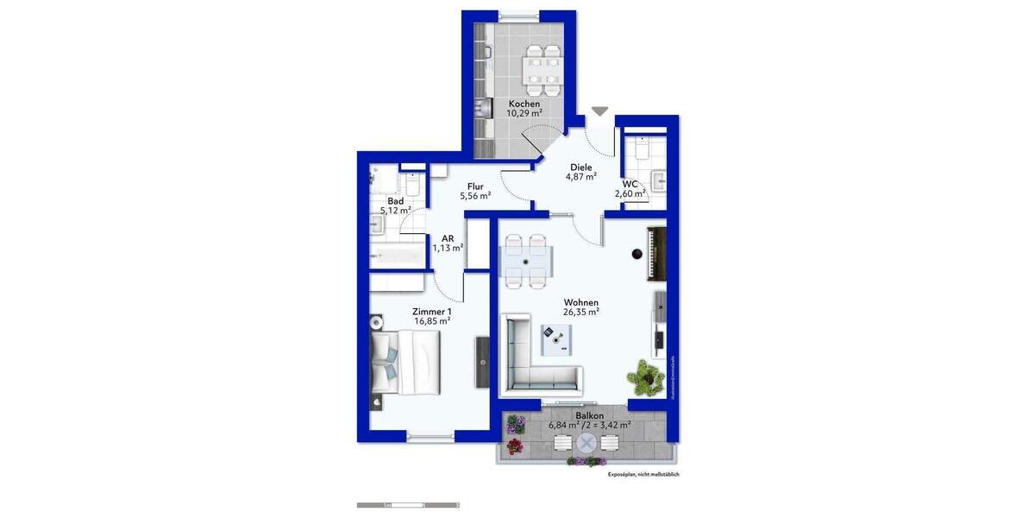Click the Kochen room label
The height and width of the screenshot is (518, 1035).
[x=524, y=104]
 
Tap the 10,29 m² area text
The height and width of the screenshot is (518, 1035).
[x=524, y=113]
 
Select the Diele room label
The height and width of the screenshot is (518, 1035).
[x=580, y=167]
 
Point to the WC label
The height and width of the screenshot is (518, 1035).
[x=630, y=184]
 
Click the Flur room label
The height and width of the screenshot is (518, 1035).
[x=475, y=186]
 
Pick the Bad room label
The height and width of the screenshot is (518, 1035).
[x=395, y=200]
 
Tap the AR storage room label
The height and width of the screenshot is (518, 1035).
[x=448, y=238]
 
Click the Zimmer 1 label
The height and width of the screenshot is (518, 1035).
[x=432, y=312]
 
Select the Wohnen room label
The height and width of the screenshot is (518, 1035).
[x=580, y=303]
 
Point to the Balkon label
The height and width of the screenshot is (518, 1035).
[x=589, y=415]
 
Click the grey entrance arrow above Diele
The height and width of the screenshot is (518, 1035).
[x=599, y=111]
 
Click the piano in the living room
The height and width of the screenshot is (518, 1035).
[x=656, y=253]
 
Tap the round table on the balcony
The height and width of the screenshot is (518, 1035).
[x=586, y=444]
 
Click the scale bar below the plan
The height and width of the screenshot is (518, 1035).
[x=407, y=504]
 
